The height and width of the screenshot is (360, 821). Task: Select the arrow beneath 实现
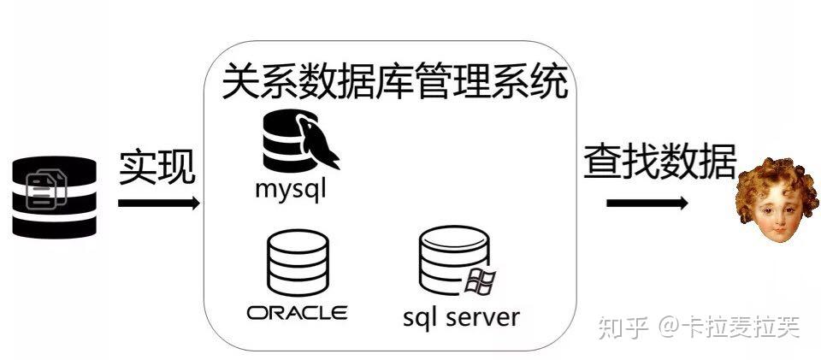pyautogui.click(x=158, y=204)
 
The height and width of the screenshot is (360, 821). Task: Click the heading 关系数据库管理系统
pyautogui.click(x=394, y=84)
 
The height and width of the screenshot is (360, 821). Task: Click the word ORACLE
pyautogui.click(x=297, y=312)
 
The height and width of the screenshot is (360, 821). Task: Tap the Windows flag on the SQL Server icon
pyautogui.click(x=481, y=280)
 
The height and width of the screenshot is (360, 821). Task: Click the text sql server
pyautogui.click(x=461, y=317)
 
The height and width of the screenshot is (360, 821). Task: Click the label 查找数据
pyautogui.click(x=659, y=160)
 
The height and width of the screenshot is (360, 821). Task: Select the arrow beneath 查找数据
pyautogui.click(x=647, y=204)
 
